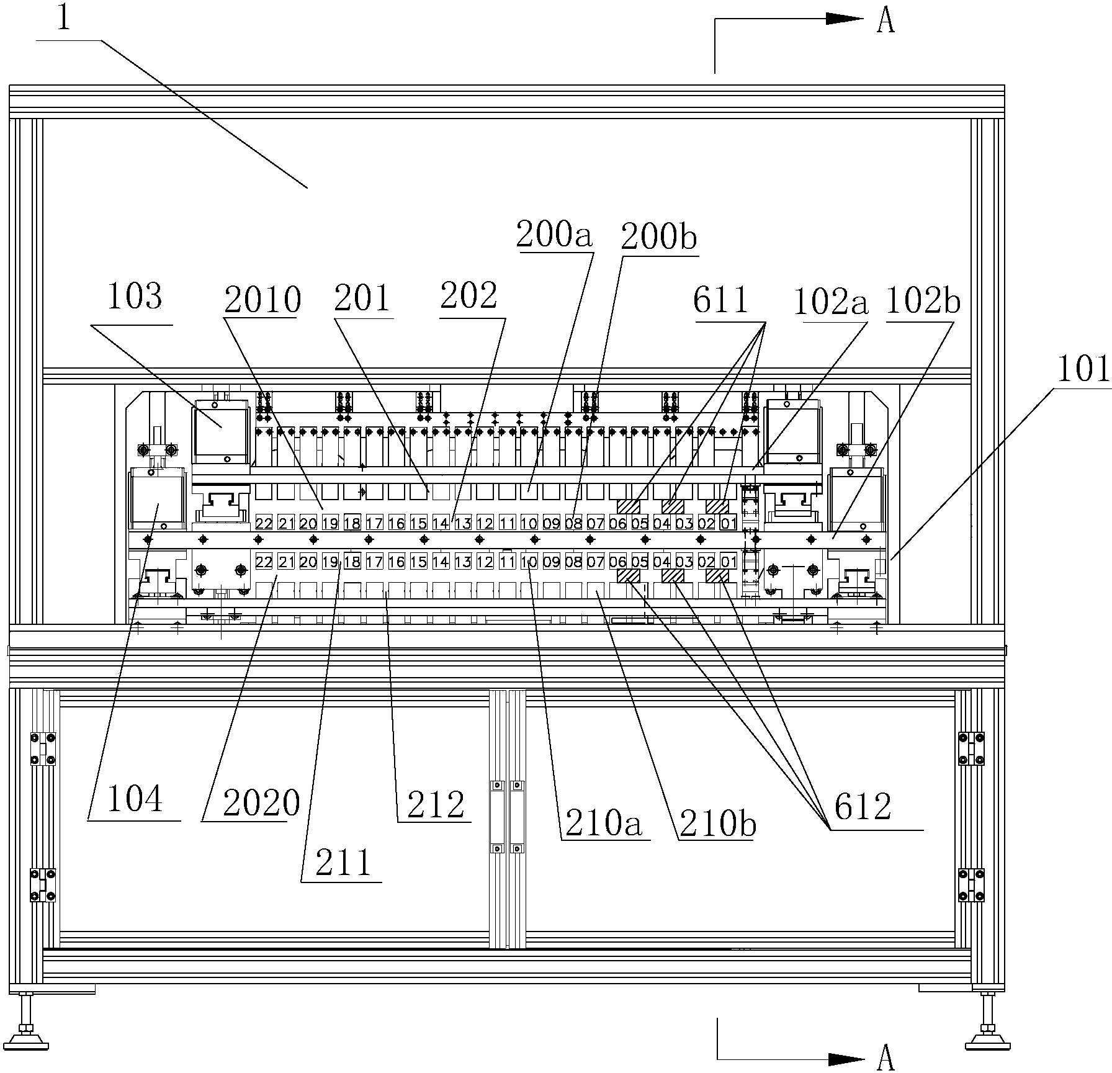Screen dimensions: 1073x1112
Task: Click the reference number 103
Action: coord(135,297)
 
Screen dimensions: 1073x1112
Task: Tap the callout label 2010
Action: coord(262,300)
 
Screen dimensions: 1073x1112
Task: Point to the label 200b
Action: coord(658,236)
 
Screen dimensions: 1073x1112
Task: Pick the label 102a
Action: coord(830,302)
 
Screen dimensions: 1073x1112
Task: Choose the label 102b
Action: coord(923,302)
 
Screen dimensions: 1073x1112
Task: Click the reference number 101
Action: coord(1083,369)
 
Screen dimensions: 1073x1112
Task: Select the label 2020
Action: coord(261,803)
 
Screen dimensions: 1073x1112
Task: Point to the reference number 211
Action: coord(343,863)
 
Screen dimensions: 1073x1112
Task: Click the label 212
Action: coord(436,804)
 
